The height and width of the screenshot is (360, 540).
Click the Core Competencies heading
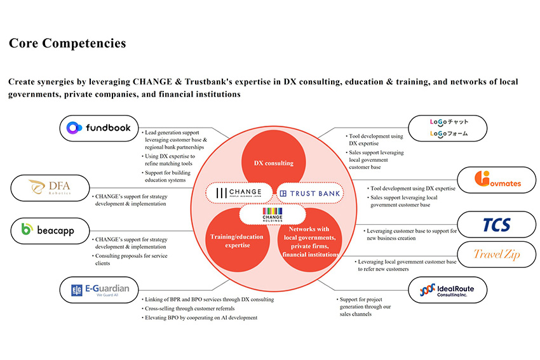tap(67, 43)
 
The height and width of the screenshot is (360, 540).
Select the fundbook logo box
tap(99, 128)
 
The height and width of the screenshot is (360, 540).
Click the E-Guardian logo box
tap(99, 290)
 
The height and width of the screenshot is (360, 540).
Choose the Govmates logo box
tap(497, 182)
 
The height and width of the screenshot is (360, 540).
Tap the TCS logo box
tap(497, 225)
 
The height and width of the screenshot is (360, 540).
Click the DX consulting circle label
tap(273, 163)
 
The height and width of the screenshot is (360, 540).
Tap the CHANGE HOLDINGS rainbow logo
tap(273, 215)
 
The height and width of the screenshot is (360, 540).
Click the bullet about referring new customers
tap(406, 265)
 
